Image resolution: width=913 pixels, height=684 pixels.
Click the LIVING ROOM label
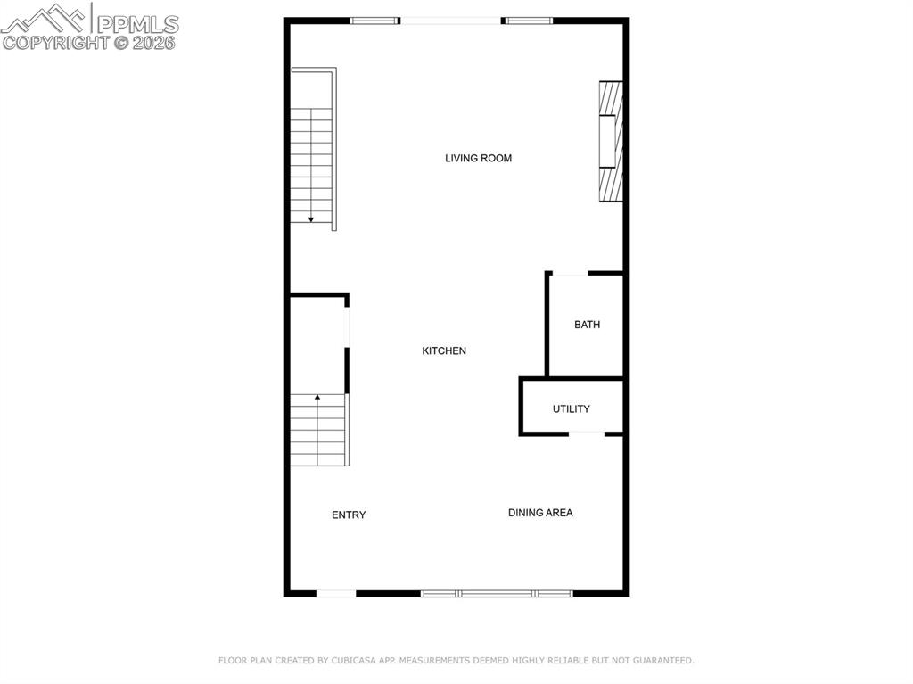[x=478, y=159]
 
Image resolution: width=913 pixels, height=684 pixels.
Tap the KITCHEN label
[x=444, y=351]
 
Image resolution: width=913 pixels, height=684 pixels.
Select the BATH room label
[x=587, y=325]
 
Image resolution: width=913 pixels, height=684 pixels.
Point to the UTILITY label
[x=571, y=409]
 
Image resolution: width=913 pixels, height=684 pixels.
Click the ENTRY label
[x=349, y=515]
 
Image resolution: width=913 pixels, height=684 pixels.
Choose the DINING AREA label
[x=540, y=513]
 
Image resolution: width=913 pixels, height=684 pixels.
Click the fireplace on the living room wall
[x=610, y=141]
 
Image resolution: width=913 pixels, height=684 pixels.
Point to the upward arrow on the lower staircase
[x=317, y=398]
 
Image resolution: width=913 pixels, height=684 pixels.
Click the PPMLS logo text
[x=136, y=22]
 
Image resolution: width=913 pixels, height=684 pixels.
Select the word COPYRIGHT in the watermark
[x=55, y=42]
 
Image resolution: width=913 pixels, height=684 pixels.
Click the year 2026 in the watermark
[x=155, y=42]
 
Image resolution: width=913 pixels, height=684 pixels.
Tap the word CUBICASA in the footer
[x=352, y=661]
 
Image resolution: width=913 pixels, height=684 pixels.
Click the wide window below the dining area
[x=497, y=593]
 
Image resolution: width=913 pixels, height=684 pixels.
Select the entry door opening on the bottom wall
[x=336, y=593]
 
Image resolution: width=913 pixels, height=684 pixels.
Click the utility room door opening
[x=587, y=433]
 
